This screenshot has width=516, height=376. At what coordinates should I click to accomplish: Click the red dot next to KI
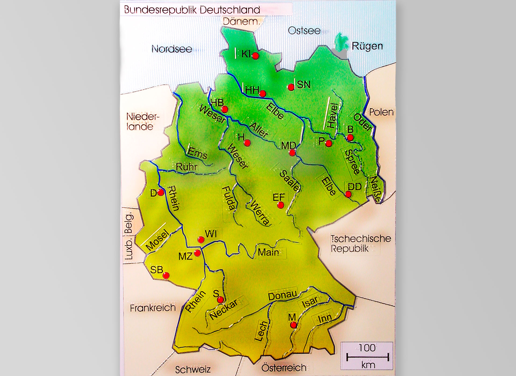(x=255, y=56)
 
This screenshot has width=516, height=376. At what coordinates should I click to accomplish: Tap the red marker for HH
(x=263, y=93)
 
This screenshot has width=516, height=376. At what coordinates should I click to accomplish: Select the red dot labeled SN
(x=291, y=87)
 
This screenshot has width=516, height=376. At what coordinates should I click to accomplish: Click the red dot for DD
(x=348, y=194)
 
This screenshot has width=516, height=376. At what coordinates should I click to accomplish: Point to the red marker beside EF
(x=280, y=205)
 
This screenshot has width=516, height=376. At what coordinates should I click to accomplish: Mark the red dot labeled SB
(x=166, y=275)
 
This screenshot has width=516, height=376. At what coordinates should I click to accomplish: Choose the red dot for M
(x=294, y=325)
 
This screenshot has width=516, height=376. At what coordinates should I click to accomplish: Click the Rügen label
(x=367, y=46)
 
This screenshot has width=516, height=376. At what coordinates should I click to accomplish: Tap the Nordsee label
(x=172, y=49)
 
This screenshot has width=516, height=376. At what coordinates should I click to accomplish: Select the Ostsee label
(x=304, y=31)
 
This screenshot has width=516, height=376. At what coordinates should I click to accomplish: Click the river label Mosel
(x=157, y=240)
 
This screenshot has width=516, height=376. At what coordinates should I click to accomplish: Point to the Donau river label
(x=283, y=295)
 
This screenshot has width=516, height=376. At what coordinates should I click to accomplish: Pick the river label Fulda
(x=229, y=198)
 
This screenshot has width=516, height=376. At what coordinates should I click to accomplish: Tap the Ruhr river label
(x=186, y=167)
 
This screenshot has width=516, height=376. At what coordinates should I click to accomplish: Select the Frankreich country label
(x=153, y=308)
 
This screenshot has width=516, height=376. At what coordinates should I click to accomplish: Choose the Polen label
(x=381, y=112)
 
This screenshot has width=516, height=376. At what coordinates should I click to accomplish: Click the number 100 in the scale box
(x=367, y=348)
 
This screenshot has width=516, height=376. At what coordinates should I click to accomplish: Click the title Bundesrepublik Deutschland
(x=192, y=10)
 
